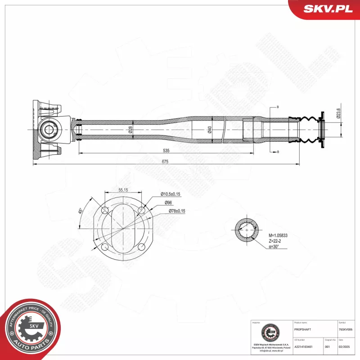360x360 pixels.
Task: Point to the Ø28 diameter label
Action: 130,129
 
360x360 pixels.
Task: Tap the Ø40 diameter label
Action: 210,129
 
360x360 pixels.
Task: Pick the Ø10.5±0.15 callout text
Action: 170,194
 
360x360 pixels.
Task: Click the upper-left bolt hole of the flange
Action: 105,210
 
